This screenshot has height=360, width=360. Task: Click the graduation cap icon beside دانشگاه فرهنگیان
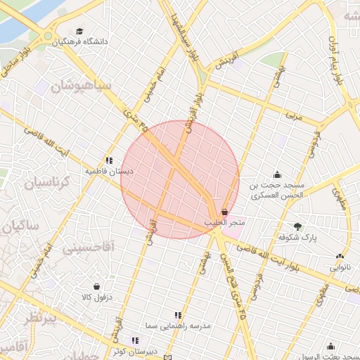tap(79, 32)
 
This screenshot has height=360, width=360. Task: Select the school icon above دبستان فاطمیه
tap(109, 160)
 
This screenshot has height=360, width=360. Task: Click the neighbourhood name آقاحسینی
tap(89, 248)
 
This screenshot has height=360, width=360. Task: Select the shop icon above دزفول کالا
tap(96, 286)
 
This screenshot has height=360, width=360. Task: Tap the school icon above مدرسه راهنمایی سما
tap(178, 316)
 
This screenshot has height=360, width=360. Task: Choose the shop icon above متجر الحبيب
tap(224, 212)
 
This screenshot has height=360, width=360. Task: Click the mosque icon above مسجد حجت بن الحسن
tap(278, 174)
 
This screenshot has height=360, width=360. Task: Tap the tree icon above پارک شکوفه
tap(298, 226)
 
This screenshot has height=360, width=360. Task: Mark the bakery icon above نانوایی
tap(340, 257)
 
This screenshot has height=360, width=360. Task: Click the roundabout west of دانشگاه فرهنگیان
tap(48, 36)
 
